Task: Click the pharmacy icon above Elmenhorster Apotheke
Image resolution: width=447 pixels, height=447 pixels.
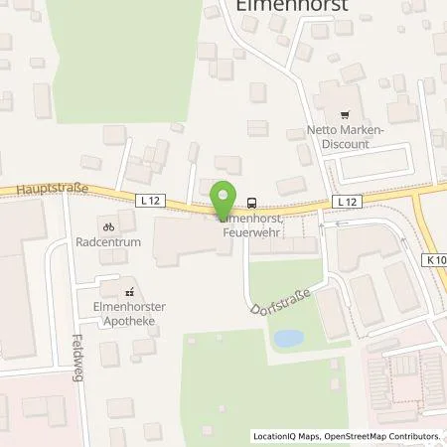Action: click(128, 292)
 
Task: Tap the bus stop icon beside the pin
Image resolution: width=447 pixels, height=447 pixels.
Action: click(252, 200)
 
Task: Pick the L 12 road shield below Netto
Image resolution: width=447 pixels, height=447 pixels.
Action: click(344, 202)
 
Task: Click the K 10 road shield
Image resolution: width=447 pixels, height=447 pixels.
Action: click(436, 260)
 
